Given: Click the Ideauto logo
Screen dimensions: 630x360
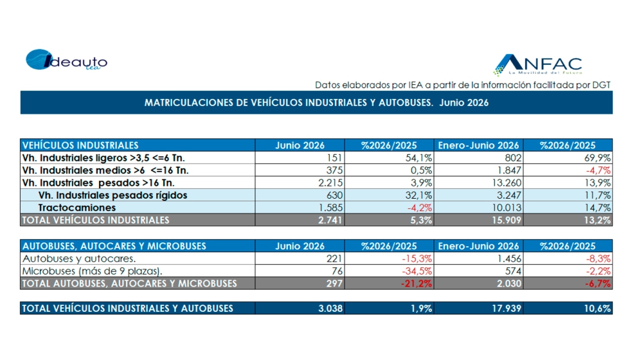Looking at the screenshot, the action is (x=67, y=60).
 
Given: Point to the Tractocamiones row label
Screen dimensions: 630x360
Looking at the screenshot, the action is (x=76, y=208).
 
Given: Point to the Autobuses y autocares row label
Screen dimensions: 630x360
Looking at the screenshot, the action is (x=79, y=258).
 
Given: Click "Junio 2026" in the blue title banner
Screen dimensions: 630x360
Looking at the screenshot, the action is (x=464, y=103).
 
